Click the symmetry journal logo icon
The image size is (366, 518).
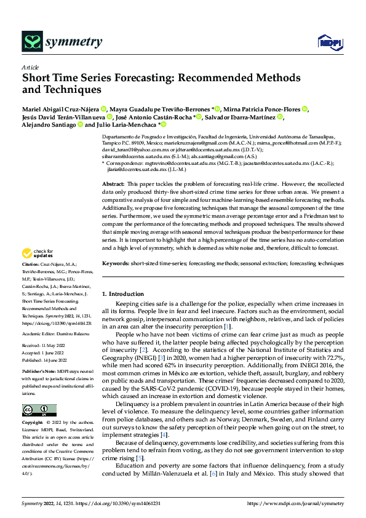click(31, 41)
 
